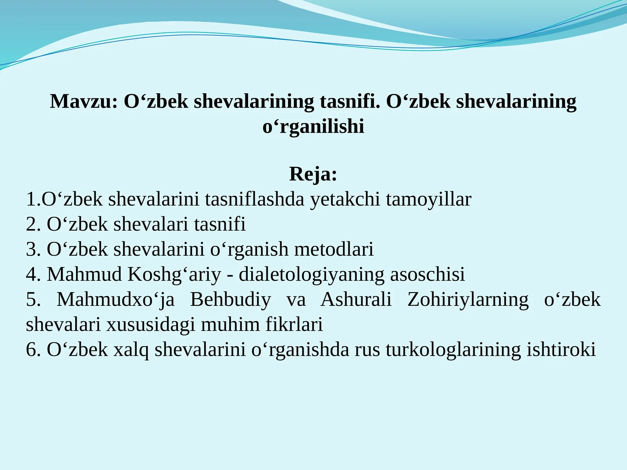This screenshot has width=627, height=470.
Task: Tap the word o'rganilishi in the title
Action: click(313, 127)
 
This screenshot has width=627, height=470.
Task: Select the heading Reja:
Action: click(313, 174)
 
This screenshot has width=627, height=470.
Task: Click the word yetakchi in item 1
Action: click(345, 199)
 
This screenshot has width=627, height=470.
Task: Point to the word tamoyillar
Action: click(428, 199)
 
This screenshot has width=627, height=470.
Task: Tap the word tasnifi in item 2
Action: click(220, 224)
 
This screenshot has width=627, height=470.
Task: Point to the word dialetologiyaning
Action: click(312, 275)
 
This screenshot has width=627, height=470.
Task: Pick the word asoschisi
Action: click(427, 275)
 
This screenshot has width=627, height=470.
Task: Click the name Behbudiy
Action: click(230, 300)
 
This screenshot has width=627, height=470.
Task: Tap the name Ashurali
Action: click(356, 300)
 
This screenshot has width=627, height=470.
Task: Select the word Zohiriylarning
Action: click(468, 300)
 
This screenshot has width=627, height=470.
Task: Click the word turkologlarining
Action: click(453, 350)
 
